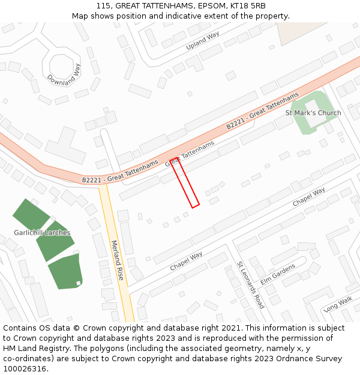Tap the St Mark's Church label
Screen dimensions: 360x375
point(313,113)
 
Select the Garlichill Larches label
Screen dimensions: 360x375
point(42,233)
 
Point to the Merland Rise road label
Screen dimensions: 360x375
point(118,260)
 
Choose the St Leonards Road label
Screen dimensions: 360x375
point(250,284)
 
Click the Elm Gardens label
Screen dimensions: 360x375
point(278,274)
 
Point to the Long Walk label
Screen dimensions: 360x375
point(338,305)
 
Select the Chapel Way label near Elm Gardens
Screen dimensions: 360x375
point(308,197)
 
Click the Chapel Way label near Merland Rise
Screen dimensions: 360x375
point(186,261)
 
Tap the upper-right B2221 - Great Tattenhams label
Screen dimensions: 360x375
point(262,112)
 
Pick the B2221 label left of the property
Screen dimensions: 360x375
point(120,172)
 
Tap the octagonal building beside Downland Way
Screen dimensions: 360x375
point(64,65)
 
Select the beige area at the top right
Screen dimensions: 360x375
point(293,32)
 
